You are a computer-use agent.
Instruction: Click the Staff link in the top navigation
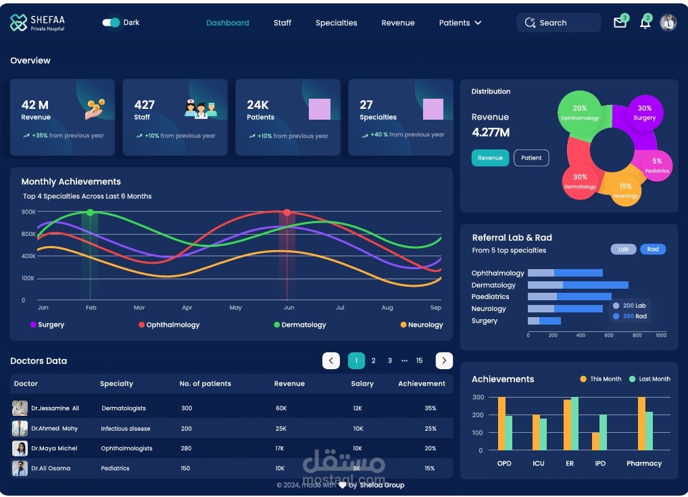[282, 23]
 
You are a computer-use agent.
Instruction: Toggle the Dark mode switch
[111, 22]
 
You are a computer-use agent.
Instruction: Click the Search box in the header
[558, 23]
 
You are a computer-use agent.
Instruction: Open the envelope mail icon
[620, 23]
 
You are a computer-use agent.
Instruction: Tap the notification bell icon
[645, 23]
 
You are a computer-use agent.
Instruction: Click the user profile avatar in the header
[668, 22]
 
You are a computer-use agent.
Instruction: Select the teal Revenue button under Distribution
[490, 158]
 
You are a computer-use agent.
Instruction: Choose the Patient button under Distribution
[531, 158]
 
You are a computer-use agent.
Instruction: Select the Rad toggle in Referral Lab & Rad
[653, 250]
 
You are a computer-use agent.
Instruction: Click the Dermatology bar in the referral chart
[578, 285]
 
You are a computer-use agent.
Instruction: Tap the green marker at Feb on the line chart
[90, 212]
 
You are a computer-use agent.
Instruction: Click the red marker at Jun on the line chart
[287, 212]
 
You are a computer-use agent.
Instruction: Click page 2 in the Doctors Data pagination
[373, 361]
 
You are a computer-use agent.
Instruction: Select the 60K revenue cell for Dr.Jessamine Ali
[281, 408]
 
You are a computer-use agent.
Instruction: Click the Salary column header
[362, 384]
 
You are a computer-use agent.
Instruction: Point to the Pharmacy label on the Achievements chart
[643, 464]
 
